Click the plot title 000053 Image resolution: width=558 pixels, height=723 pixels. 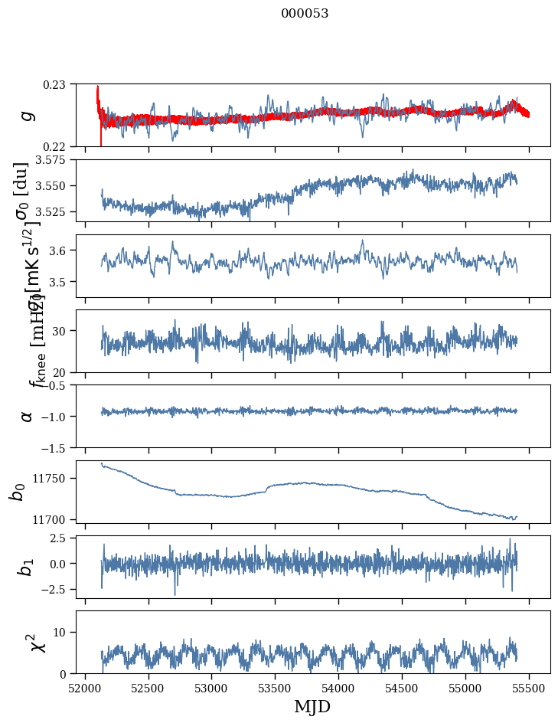coord(305,14)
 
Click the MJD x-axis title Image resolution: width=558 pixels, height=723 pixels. coord(312,707)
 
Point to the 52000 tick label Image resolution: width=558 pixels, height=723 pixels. coord(85,687)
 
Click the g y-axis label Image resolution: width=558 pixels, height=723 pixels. coord(28,115)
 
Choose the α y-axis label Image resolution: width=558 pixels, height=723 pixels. coord(28,415)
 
